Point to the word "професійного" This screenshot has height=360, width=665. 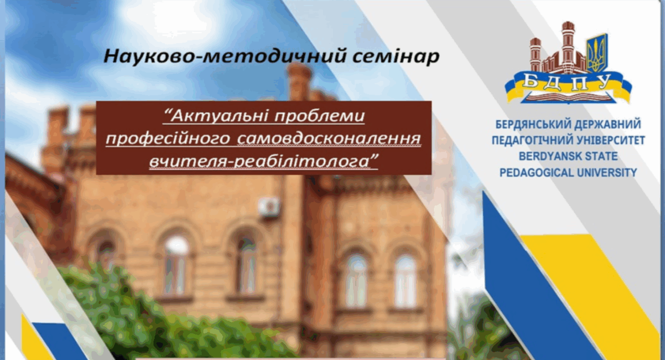(168, 139)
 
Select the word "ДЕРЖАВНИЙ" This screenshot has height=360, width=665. (607, 124)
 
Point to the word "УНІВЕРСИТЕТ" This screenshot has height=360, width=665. (610, 140)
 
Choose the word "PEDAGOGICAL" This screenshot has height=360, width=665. (535, 172)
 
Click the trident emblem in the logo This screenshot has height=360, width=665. (597, 53)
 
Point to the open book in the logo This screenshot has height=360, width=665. (567, 97)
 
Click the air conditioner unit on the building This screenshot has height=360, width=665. (269, 206)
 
